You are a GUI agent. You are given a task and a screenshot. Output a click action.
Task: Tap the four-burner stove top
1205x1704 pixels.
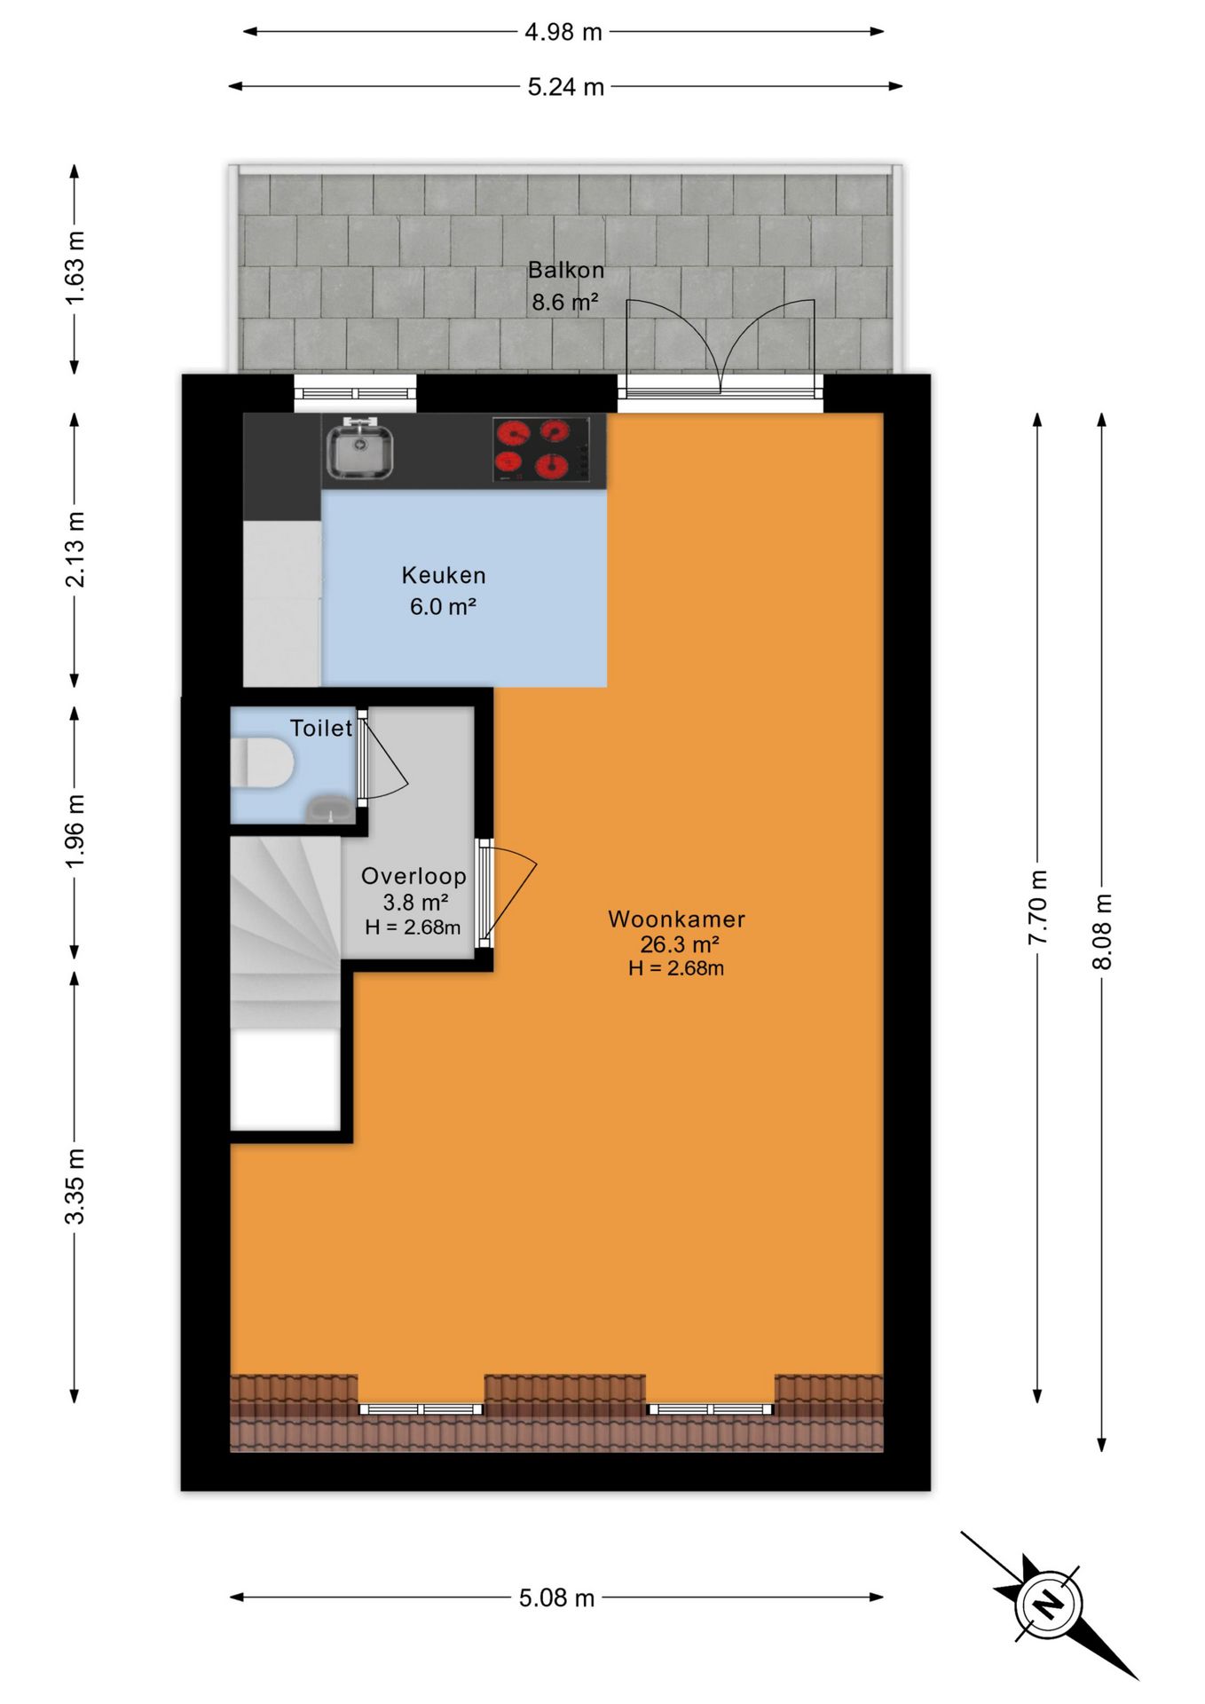pyautogui.click(x=540, y=449)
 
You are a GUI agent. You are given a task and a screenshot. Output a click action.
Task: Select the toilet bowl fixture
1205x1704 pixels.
pyautogui.click(x=262, y=762)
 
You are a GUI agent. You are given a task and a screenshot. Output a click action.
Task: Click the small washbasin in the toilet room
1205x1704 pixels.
pyautogui.click(x=329, y=809)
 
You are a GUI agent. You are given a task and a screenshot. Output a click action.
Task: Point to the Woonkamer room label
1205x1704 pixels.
pyautogui.click(x=676, y=919)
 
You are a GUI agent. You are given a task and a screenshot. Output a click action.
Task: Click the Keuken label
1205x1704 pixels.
pyautogui.click(x=444, y=575)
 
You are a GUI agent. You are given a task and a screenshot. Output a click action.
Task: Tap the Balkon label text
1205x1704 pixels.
pyautogui.click(x=566, y=270)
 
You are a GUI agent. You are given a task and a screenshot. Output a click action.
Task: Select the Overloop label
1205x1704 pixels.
pyautogui.click(x=413, y=876)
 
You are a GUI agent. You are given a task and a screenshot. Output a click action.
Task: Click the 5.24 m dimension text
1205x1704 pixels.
pyautogui.click(x=566, y=87)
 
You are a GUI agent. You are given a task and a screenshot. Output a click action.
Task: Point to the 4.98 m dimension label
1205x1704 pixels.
pyautogui.click(x=563, y=32)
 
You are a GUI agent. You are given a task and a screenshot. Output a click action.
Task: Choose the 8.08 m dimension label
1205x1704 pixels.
pyautogui.click(x=1102, y=931)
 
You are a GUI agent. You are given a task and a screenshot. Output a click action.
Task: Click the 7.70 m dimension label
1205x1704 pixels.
pyautogui.click(x=1038, y=907)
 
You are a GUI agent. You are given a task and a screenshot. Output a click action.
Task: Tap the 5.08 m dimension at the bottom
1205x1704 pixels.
pyautogui.click(x=556, y=1597)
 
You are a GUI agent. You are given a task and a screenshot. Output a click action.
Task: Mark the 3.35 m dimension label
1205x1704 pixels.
pyautogui.click(x=75, y=1186)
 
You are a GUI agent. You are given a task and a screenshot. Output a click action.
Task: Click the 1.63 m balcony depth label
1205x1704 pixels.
pyautogui.click(x=75, y=268)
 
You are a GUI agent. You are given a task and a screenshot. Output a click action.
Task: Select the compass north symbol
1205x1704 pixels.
pyautogui.click(x=1050, y=1605)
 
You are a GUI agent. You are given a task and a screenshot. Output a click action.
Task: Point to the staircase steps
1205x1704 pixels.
pyautogui.click(x=286, y=932)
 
